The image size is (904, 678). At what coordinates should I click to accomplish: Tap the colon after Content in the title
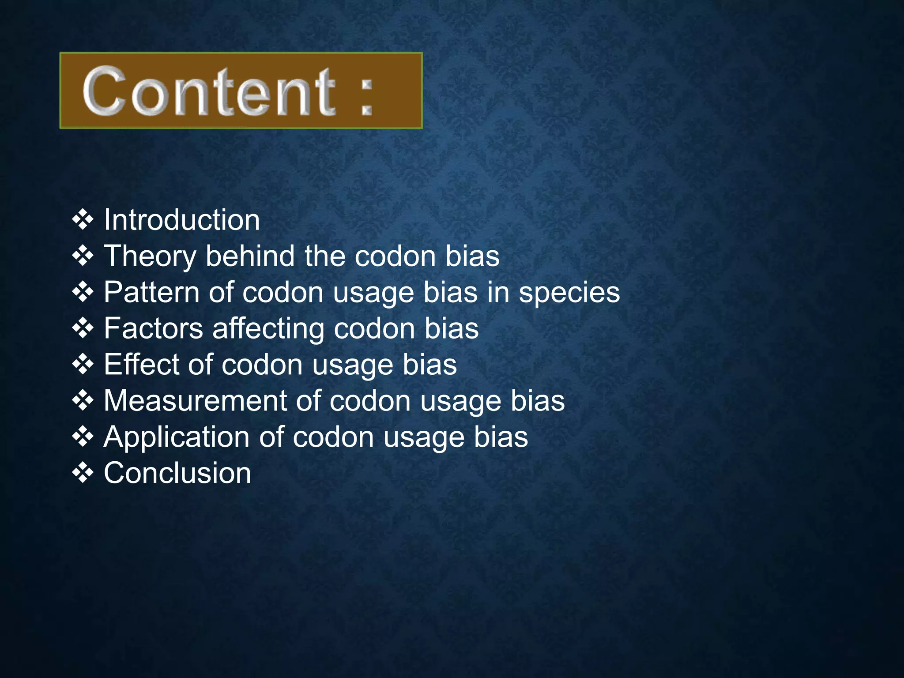(366, 94)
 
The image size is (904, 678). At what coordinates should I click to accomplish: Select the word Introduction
(181, 220)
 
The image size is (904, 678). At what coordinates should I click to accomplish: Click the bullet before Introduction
(83, 219)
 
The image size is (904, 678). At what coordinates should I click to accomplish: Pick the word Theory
(149, 256)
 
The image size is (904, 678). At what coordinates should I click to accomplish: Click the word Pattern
(151, 292)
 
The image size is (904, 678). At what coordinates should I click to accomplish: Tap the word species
(569, 293)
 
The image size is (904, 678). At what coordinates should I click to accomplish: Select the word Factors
(153, 328)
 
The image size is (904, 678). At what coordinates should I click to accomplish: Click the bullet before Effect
(83, 365)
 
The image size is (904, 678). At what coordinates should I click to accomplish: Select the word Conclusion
(177, 473)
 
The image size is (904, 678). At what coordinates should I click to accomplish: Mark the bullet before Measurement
(83, 401)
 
